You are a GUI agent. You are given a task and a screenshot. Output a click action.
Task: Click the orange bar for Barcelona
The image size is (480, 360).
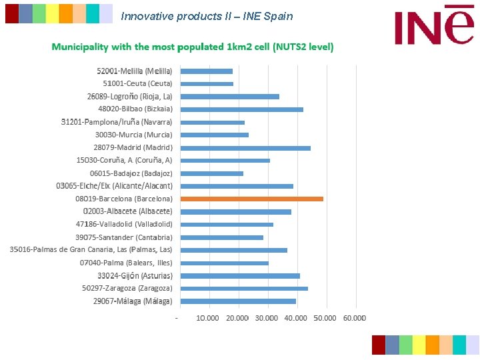tap(251, 199)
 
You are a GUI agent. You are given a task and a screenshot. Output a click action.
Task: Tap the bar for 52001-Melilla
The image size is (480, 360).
tap(206, 71)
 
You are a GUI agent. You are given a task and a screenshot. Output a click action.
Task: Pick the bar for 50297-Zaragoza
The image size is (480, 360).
tap(243, 289)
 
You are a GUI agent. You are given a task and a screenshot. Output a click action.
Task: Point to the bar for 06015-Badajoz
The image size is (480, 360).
tap(211, 173)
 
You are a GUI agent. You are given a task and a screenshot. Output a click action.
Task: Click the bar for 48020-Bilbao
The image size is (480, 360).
tap(241, 109)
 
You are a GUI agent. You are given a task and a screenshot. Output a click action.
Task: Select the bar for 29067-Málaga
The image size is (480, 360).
tap(237, 301)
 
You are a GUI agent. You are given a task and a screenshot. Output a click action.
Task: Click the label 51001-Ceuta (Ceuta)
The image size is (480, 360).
tap(137, 84)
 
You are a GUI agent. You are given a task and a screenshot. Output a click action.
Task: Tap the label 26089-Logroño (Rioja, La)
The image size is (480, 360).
tap(129, 97)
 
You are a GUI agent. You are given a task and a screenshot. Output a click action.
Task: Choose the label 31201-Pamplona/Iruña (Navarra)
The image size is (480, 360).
tap(117, 122)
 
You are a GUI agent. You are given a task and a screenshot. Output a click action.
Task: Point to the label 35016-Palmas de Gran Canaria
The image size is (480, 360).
tap(91, 250)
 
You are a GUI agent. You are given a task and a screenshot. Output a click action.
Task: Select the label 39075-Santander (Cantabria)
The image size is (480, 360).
tap(123, 237)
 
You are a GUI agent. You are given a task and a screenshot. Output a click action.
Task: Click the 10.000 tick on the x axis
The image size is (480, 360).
tap(207, 318)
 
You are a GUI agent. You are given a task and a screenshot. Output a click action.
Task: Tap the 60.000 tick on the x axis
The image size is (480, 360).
tap(354, 318)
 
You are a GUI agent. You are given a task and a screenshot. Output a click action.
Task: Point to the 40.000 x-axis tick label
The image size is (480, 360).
tap(295, 318)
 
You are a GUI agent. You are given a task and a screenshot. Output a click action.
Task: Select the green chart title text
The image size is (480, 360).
tap(193, 47)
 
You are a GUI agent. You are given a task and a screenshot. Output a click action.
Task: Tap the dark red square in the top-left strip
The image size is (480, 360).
tap(12, 13)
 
